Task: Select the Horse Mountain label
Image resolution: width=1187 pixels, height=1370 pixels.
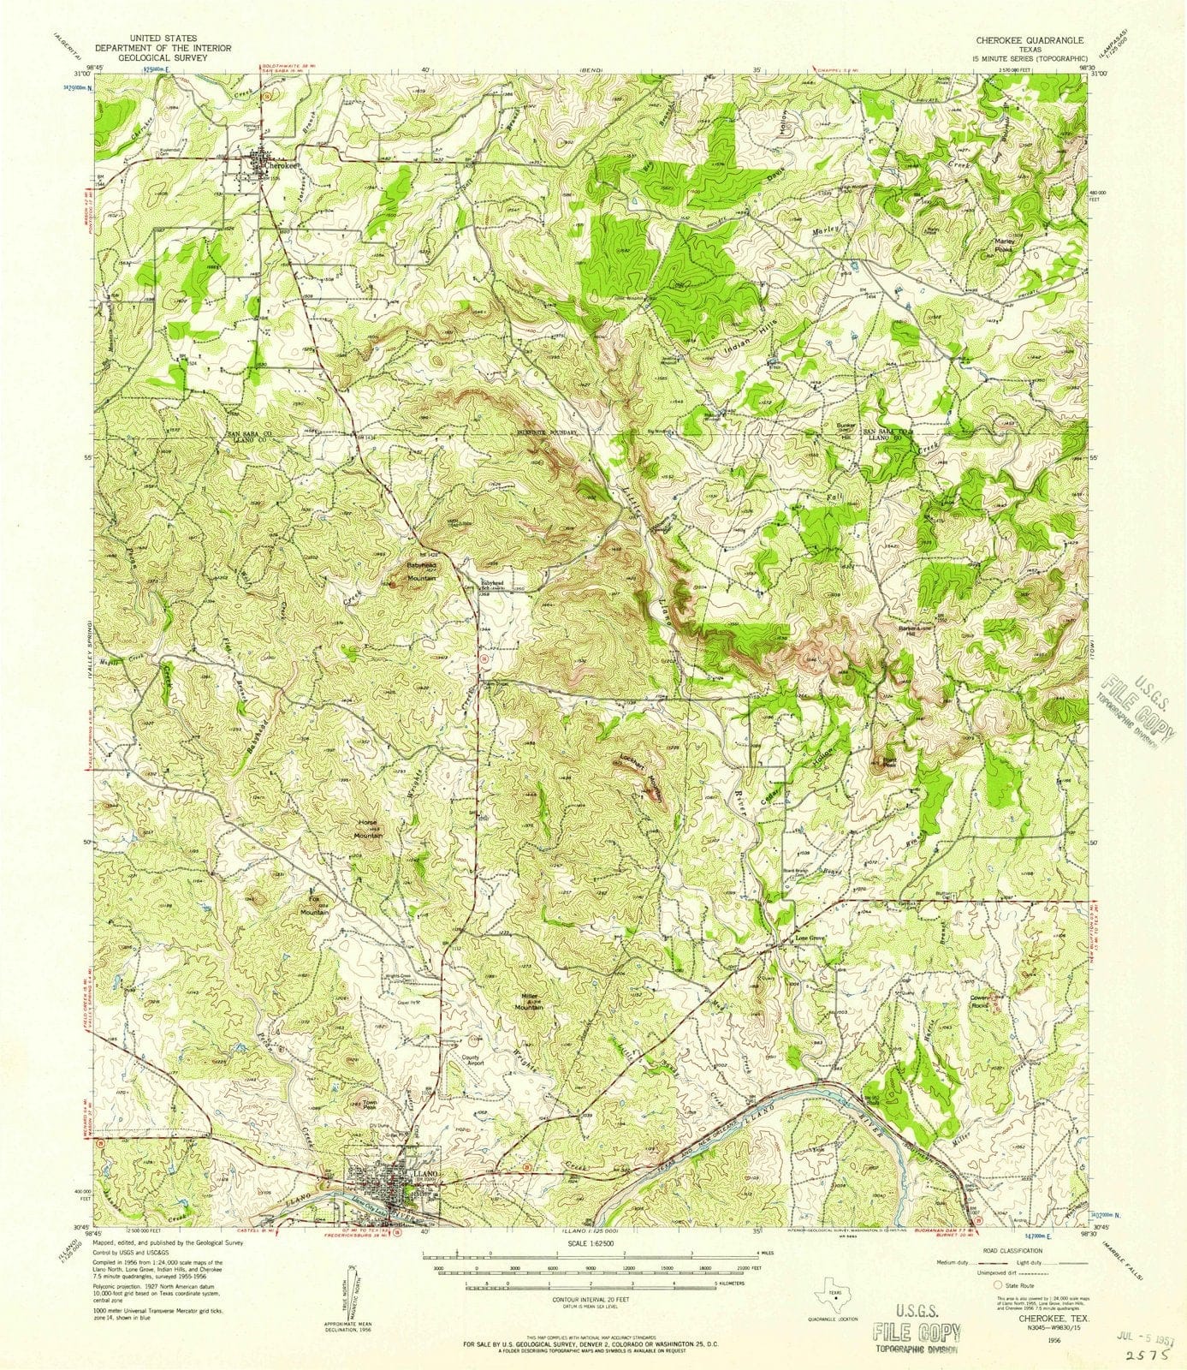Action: (369, 828)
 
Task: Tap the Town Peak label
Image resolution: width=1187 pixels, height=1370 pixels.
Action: (369, 1105)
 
